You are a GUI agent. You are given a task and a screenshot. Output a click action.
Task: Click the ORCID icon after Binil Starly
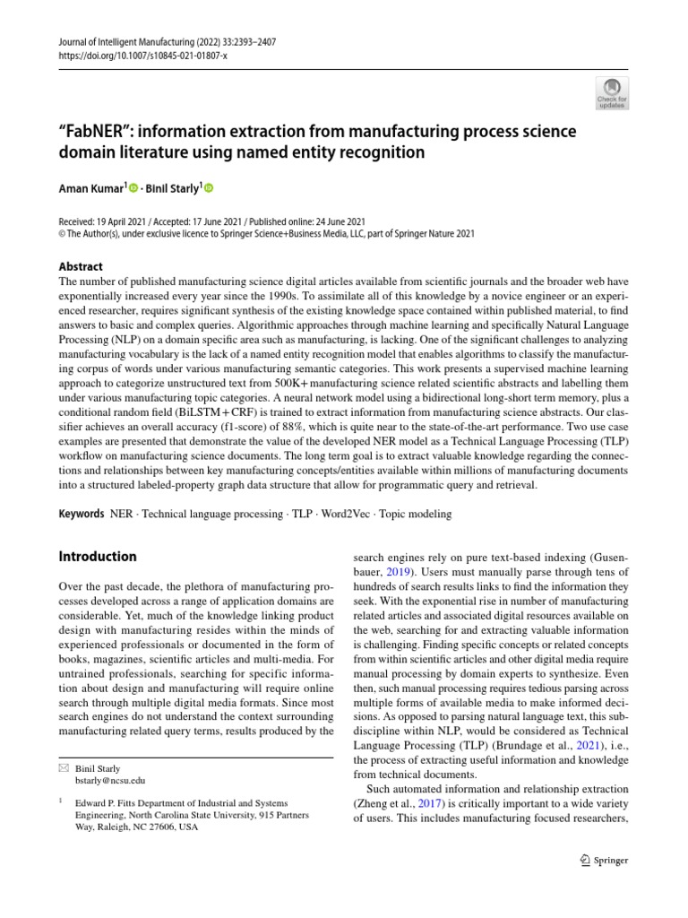click(x=210, y=188)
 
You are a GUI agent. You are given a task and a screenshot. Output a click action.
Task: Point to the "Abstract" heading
click(x=81, y=266)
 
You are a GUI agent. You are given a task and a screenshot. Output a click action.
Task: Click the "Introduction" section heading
click(x=98, y=557)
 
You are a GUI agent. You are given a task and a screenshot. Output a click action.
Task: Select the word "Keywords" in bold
click(x=81, y=515)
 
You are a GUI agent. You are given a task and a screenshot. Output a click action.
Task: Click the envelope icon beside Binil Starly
click(x=63, y=768)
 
